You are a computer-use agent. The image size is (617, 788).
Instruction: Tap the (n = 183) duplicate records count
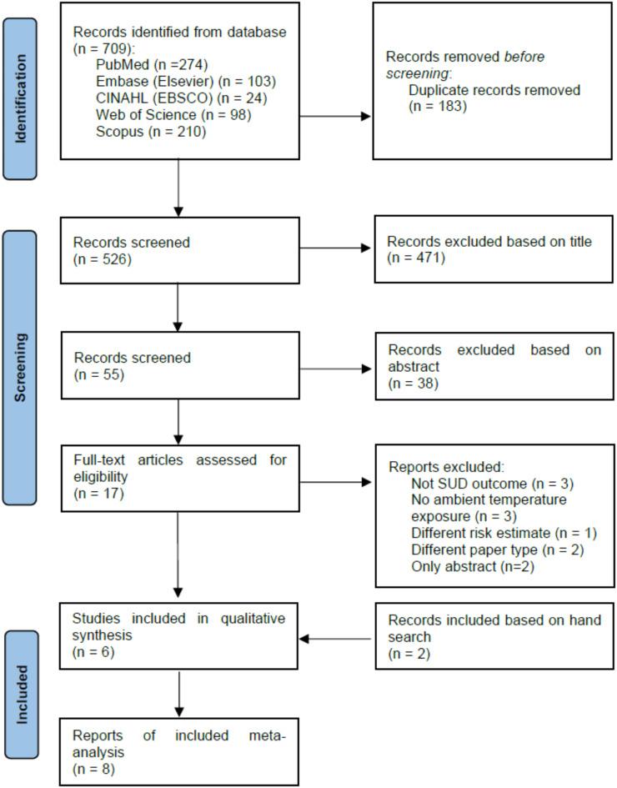(x=438, y=106)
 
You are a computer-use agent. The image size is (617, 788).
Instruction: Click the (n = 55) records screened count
(x=98, y=375)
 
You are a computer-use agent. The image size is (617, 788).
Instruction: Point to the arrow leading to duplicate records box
(x=334, y=116)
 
